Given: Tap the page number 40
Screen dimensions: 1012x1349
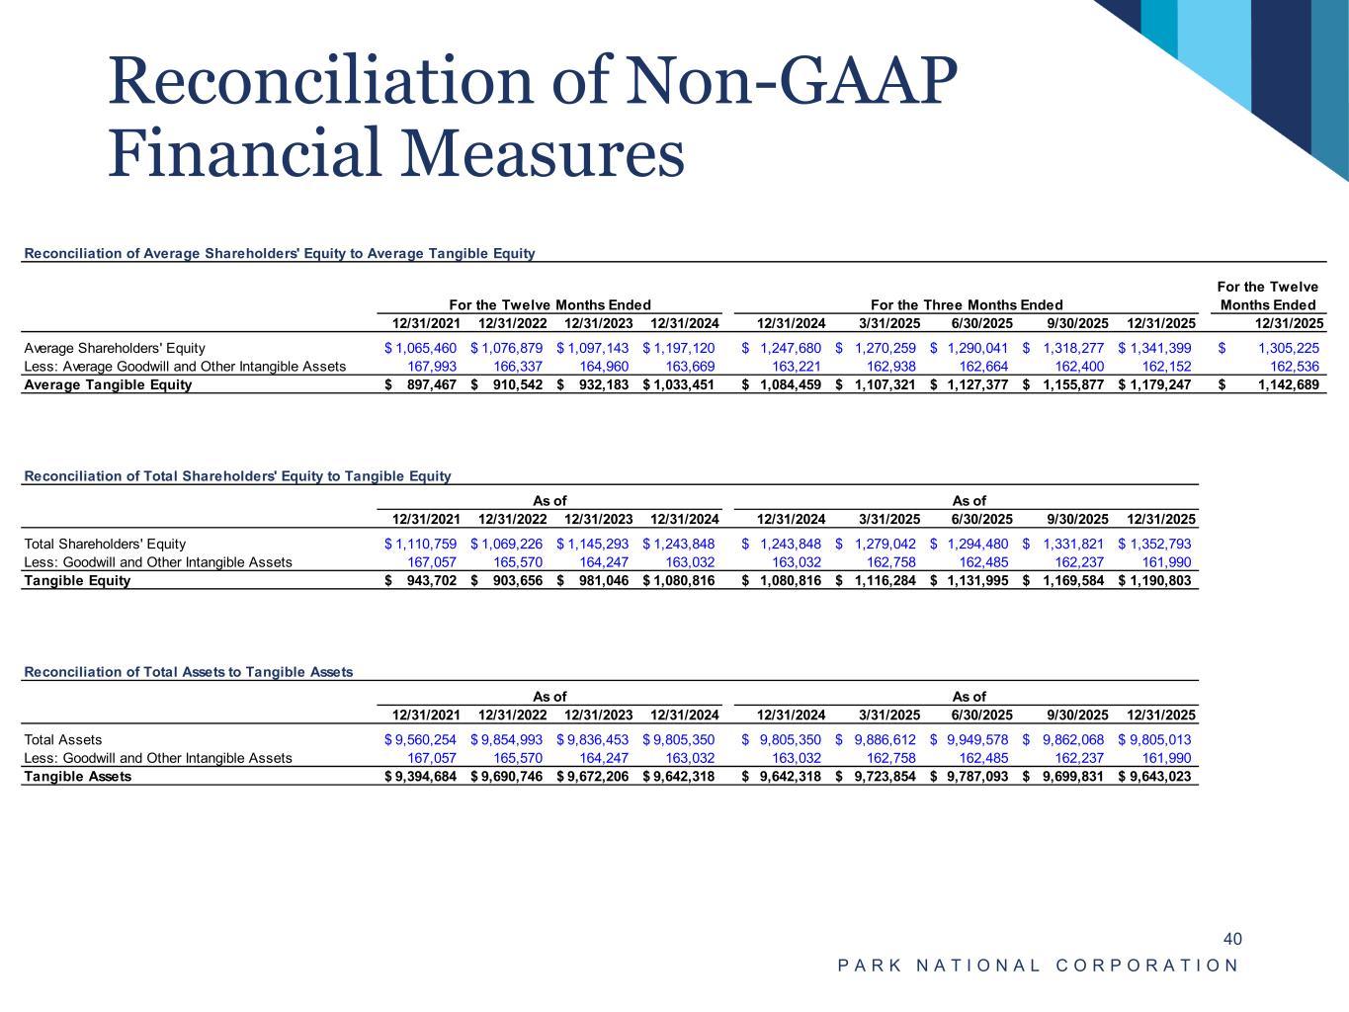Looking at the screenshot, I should coord(1232,938).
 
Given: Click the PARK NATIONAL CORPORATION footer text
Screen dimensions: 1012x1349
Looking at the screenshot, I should coord(1038,966).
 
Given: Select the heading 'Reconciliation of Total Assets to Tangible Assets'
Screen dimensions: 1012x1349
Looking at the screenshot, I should coord(188,672).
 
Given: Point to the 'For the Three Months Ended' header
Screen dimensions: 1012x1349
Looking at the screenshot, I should coord(967,304).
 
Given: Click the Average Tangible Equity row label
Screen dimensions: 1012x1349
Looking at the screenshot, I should coord(108,384).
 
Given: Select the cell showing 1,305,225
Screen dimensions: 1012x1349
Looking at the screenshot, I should coord(1281,348).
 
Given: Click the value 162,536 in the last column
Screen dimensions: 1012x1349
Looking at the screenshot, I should coord(1295,366).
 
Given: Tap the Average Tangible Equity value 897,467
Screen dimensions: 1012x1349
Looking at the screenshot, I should coord(431,384).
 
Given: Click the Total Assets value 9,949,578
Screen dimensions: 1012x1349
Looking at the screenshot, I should coord(976,739).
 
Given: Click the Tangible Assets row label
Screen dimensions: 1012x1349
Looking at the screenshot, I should coord(77,776).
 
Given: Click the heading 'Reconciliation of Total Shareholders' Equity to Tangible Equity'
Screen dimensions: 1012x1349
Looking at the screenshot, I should coord(237,476).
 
